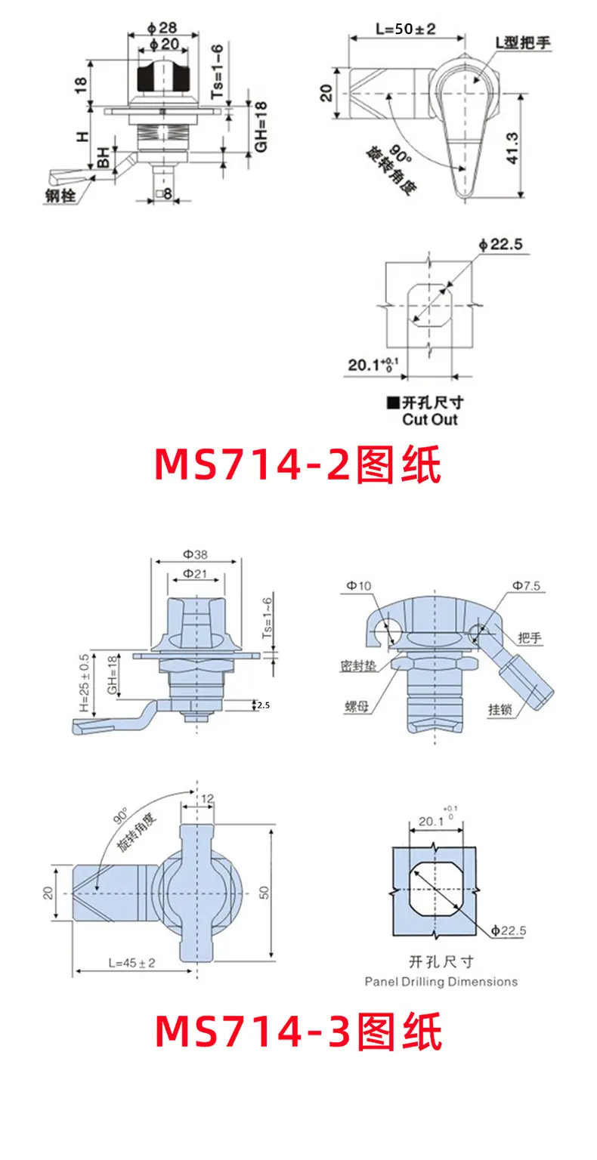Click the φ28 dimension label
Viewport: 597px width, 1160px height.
pyautogui.click(x=162, y=27)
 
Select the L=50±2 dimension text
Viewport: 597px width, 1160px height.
pyautogui.click(x=405, y=29)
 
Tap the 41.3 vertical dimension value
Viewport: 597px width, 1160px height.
pyautogui.click(x=512, y=148)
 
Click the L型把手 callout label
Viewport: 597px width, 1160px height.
pyautogui.click(x=523, y=42)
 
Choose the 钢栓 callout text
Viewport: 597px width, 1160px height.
pyautogui.click(x=60, y=196)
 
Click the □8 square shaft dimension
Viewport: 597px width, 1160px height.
pyautogui.click(x=163, y=194)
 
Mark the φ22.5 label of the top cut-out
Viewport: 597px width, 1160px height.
pyautogui.click(x=500, y=244)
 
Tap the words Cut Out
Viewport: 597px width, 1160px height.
pyautogui.click(x=429, y=419)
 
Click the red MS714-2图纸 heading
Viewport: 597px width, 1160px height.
pyautogui.click(x=298, y=464)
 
